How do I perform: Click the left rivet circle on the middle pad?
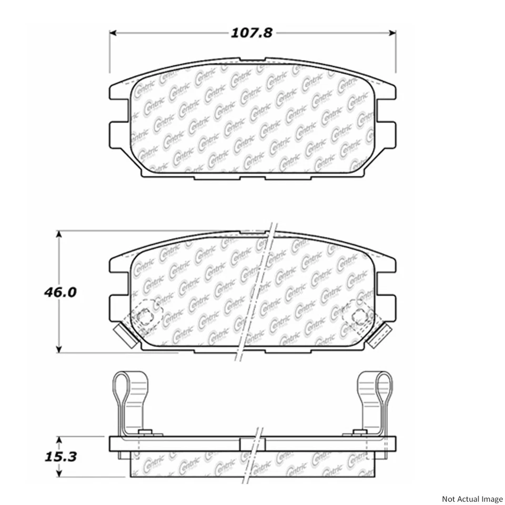(x=144, y=316)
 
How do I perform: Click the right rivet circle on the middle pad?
(x=360, y=316)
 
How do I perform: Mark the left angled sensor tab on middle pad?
(x=124, y=335)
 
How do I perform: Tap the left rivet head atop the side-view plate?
(x=146, y=432)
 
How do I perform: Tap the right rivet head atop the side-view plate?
(x=359, y=432)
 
